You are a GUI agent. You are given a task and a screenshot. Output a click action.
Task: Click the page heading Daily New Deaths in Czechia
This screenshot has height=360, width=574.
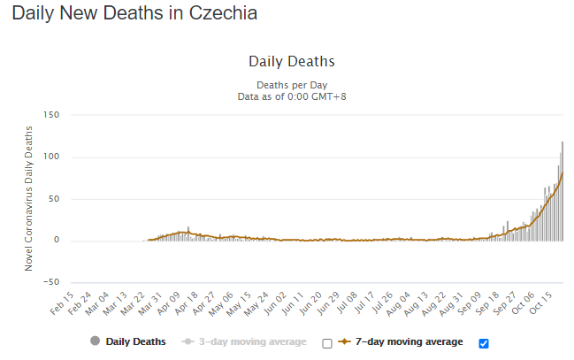coord(134,15)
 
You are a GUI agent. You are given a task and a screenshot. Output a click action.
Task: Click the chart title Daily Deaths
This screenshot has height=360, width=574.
coord(291,62)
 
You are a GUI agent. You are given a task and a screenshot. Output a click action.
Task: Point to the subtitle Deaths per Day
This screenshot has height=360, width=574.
coord(291,85)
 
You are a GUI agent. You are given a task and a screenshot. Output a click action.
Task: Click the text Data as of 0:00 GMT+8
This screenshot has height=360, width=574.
coord(291,96)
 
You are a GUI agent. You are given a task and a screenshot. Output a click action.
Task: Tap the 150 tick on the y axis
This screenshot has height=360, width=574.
coord(50,116)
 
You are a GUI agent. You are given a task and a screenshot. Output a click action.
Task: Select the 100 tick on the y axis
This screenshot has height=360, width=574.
coord(50,157)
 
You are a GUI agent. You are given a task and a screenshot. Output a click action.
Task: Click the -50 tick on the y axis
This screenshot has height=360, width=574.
coord(50,282)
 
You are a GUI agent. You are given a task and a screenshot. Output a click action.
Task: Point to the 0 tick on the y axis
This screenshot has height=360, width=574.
coord(55,241)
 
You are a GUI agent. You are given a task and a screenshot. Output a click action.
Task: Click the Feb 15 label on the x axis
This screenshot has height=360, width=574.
coord(59,302)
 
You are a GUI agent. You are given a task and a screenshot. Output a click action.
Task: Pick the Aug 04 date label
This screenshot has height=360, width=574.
coord(406,302)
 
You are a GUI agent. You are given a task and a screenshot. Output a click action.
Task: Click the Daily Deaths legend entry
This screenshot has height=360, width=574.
coord(128,341)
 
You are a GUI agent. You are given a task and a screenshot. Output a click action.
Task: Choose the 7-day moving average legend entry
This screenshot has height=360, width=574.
coord(406,341)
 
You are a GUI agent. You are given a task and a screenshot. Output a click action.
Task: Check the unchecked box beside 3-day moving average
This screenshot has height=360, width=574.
coord(327,343)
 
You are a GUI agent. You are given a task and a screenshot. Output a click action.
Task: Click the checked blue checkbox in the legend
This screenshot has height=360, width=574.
coord(483,343)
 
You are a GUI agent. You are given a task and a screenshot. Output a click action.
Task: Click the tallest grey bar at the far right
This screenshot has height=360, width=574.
coord(563,190)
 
